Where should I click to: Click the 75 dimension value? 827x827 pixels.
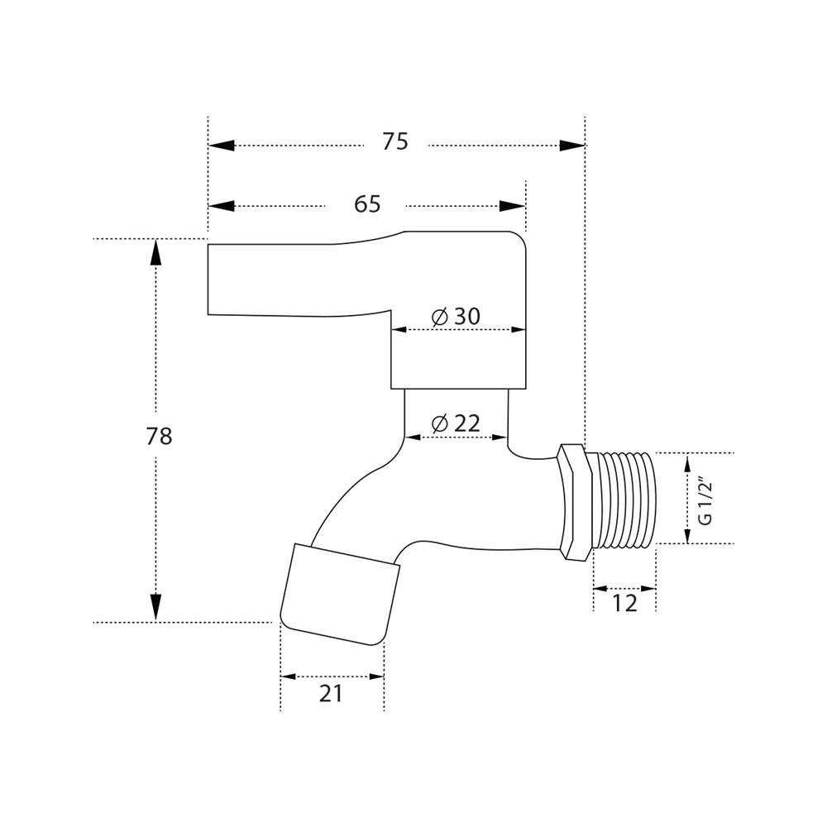pyautogui.click(x=395, y=142)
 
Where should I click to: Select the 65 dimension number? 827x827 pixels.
pyautogui.click(x=367, y=203)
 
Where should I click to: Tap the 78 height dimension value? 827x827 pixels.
pyautogui.click(x=160, y=436)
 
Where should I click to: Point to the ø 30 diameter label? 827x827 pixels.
pyautogui.click(x=456, y=317)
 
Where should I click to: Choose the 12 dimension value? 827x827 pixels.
pyautogui.click(x=625, y=602)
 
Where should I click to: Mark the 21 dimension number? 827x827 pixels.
pyautogui.click(x=331, y=693)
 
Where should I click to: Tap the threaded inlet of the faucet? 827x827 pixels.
pyautogui.click(x=624, y=499)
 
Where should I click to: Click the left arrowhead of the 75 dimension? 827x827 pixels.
pyautogui.click(x=222, y=146)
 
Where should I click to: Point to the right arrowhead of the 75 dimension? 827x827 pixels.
pyautogui.click(x=571, y=146)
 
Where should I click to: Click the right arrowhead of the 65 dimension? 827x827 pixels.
pyautogui.click(x=513, y=206)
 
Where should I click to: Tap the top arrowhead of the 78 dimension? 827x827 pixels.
pyautogui.click(x=155, y=252)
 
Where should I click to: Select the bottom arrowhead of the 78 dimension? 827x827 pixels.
pyautogui.click(x=155, y=607)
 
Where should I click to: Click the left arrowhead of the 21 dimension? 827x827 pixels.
pyautogui.click(x=288, y=676)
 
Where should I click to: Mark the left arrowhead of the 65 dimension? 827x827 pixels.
pyautogui.click(x=222, y=206)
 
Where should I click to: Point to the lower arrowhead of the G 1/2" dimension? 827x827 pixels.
pyautogui.click(x=688, y=534)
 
